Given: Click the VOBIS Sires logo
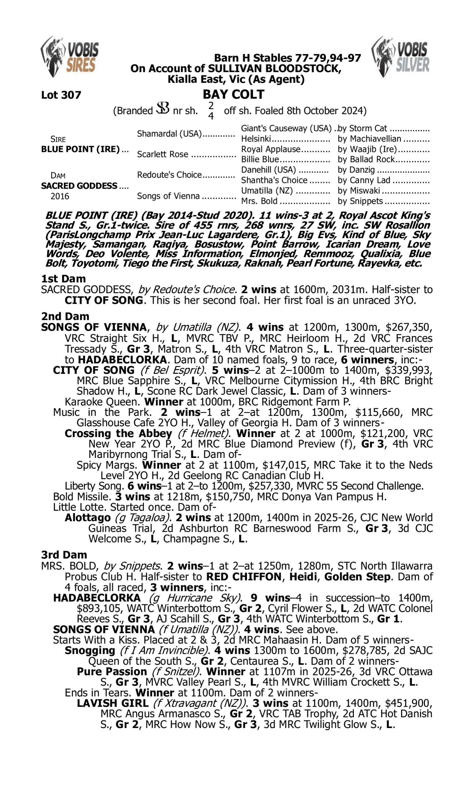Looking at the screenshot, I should click(x=70, y=57).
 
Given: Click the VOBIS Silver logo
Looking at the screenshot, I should click(x=401, y=57).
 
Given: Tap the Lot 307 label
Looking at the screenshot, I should click(x=61, y=95).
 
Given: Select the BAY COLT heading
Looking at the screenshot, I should click(x=234, y=94).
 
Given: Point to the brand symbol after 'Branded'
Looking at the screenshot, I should click(x=162, y=108).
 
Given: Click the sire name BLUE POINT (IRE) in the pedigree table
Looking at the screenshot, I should click(x=81, y=149).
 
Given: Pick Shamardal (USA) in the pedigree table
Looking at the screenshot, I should click(x=169, y=133).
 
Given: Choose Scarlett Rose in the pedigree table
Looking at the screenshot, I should click(x=162, y=154).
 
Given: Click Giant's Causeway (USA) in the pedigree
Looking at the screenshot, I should click(x=286, y=128).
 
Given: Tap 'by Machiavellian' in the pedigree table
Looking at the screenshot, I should click(x=369, y=139).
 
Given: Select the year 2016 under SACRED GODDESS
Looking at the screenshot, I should click(x=60, y=196).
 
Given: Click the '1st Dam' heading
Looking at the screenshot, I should click(x=63, y=279).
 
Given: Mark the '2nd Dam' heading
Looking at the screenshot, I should click(x=65, y=316).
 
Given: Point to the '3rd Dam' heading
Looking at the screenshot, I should click(x=64, y=555).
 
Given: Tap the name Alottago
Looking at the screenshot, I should click(x=88, y=518).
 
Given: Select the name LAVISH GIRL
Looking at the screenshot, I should click(x=113, y=703).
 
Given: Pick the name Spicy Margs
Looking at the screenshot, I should click(x=108, y=465).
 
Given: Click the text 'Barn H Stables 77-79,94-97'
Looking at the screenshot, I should click(x=288, y=58).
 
